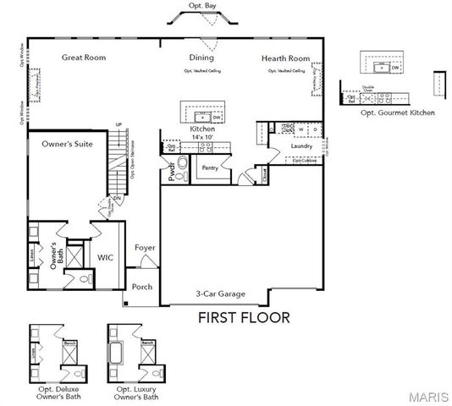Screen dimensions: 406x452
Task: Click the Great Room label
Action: [83, 58]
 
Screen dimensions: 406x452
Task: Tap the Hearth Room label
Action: [285, 58]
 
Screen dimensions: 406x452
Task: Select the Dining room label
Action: [201, 58]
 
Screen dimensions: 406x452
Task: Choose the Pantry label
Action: [211, 168]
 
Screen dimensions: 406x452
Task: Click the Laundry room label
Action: [301, 145]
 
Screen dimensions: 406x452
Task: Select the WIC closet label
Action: [106, 256]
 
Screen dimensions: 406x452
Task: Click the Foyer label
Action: [145, 248]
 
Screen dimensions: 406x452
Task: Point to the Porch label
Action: [142, 287]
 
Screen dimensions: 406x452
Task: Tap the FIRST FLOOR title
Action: [244, 318]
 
